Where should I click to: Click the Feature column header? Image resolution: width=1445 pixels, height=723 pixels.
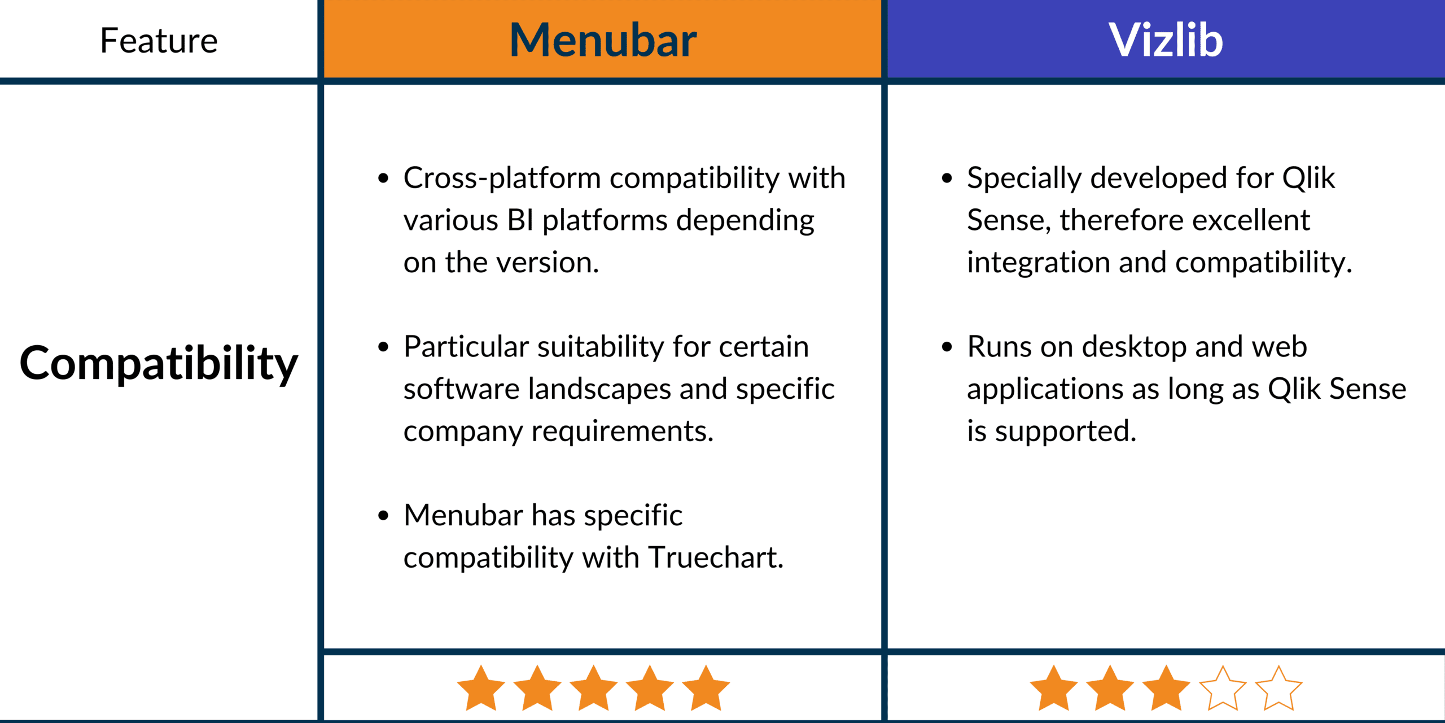[x=159, y=41]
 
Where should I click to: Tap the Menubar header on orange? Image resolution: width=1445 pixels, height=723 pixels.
[x=603, y=40]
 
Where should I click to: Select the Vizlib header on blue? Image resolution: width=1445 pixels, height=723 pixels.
[x=1166, y=40]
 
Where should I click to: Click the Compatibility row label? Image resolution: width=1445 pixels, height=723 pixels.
[x=159, y=364]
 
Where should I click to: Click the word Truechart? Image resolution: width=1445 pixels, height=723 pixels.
[x=716, y=558]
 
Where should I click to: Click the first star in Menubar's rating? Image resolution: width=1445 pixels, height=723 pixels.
[x=481, y=688]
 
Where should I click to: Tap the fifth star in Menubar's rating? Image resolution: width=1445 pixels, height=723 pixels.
[x=706, y=688]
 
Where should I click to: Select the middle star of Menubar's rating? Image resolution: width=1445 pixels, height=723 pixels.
[x=594, y=688]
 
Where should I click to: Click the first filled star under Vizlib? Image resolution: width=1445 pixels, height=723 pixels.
[x=1054, y=688]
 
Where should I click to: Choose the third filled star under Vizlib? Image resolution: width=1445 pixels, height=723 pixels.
[x=1166, y=688]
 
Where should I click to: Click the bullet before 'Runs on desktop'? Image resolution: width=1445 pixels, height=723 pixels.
[x=947, y=347]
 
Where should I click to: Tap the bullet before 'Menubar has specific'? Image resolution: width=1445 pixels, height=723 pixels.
[x=384, y=515]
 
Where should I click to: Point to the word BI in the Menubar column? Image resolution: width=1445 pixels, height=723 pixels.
[x=520, y=220]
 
